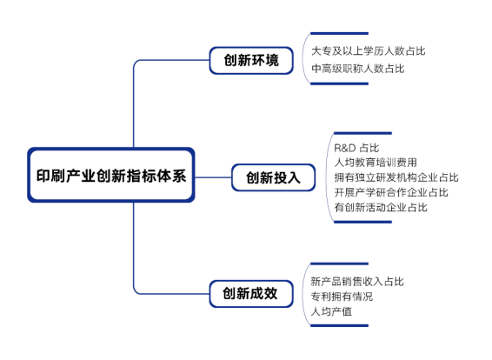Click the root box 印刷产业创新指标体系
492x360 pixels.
[111, 175]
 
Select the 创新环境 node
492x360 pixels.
[251, 61]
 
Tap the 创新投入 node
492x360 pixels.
[273, 177]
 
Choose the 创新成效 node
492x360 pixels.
[251, 294]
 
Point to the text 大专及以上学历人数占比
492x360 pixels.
[368, 51]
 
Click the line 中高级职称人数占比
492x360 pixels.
[358, 69]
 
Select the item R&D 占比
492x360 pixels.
[356, 148]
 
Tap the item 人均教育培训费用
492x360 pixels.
[376, 163]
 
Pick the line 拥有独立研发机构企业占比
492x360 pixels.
[396, 177]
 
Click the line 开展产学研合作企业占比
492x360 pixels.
[391, 192]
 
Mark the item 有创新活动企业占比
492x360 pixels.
[381, 208]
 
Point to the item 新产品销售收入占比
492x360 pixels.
[357, 282]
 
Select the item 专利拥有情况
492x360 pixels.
[342, 297]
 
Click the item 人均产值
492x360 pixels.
[331, 311]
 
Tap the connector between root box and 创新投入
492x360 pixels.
[213, 177]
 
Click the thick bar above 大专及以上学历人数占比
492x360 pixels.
[339, 33]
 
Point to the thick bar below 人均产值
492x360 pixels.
[339, 325]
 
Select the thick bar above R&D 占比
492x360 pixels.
[362, 133]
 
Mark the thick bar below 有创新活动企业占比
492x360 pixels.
[362, 222]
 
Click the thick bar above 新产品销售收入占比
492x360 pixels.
[339, 263]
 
